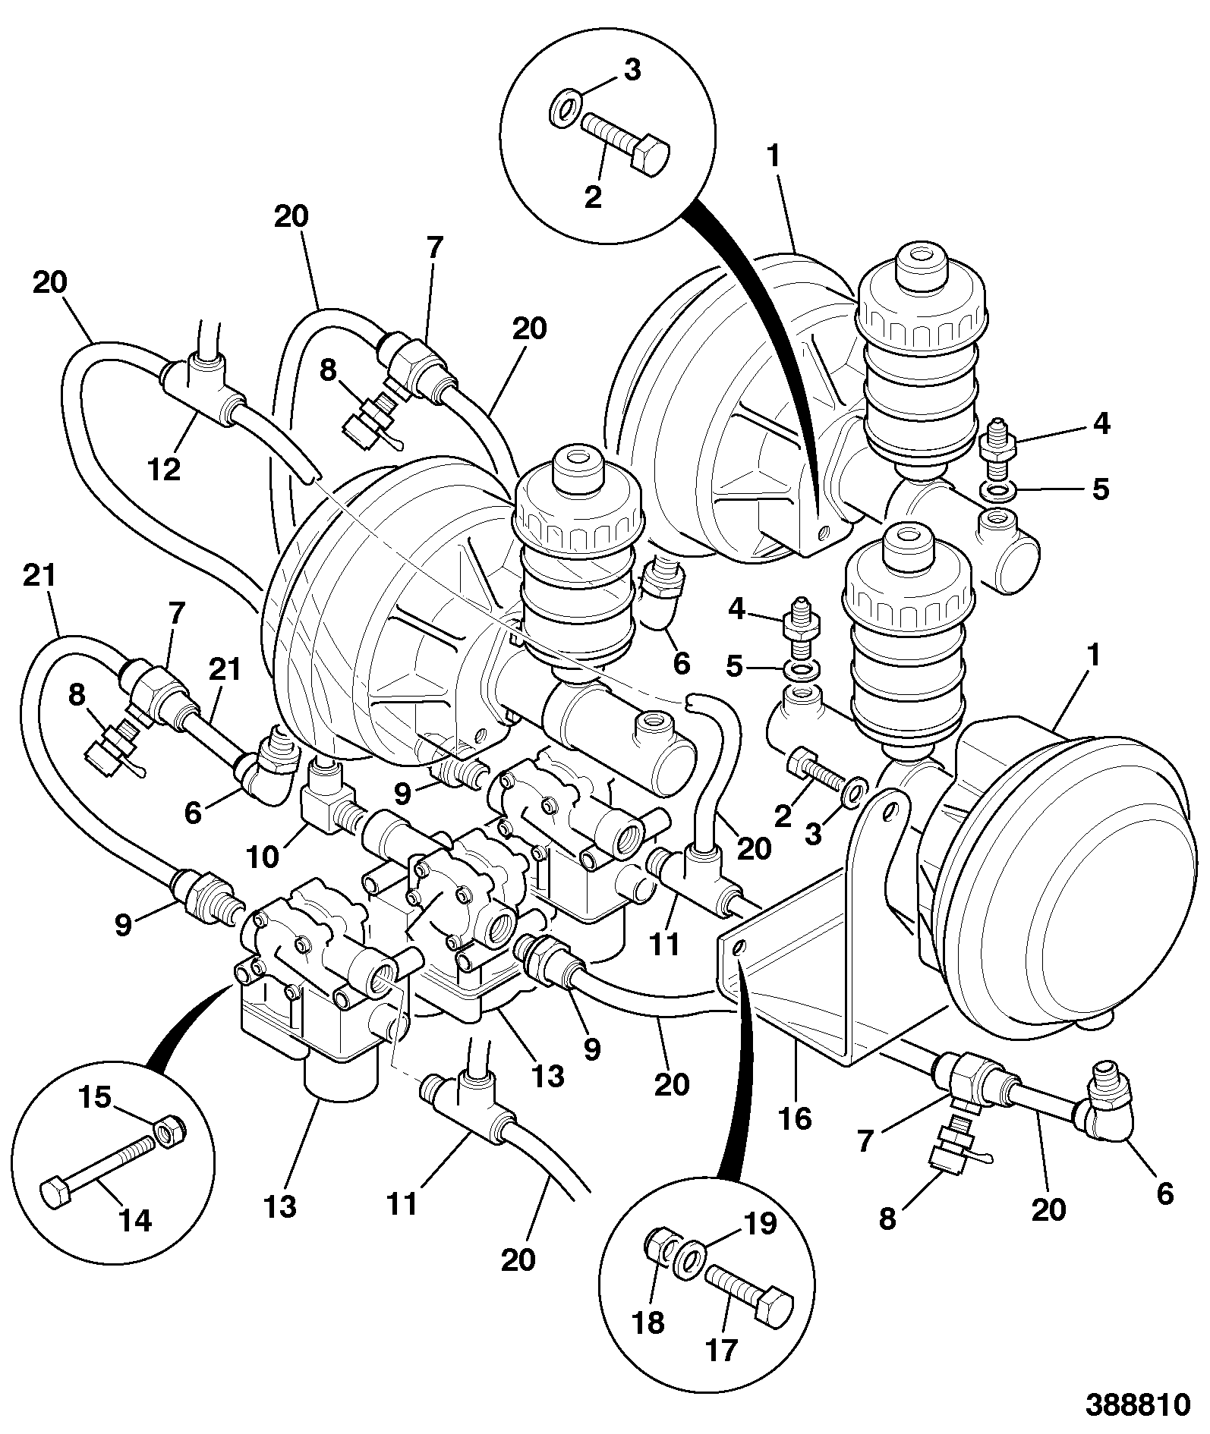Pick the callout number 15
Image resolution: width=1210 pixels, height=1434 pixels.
click(96, 1098)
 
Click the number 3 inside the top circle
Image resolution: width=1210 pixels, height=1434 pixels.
click(632, 70)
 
